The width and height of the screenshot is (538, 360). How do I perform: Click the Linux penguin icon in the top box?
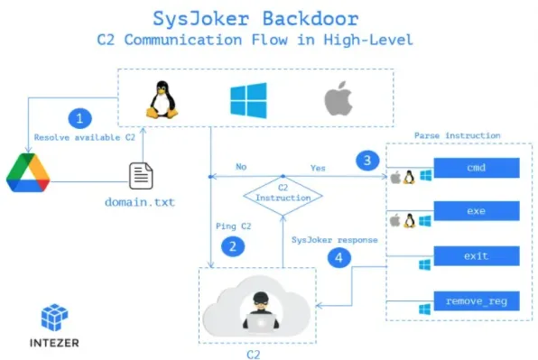click(162, 98)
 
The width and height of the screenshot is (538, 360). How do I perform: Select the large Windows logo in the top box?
click(248, 99)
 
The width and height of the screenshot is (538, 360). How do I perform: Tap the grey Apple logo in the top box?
click(337, 99)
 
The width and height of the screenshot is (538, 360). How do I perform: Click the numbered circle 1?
click(81, 118)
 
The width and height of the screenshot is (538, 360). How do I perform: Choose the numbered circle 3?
click(365, 161)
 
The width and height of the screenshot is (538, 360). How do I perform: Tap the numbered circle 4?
click(339, 256)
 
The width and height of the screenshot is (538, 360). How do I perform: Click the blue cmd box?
click(477, 168)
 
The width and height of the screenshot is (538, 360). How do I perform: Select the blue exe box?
click(477, 212)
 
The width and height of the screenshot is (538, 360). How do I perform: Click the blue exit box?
click(477, 256)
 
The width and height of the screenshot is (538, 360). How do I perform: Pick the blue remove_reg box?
click(477, 300)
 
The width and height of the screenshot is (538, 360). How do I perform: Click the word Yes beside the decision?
click(318, 168)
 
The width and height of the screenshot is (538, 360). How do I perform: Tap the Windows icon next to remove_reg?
click(423, 309)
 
